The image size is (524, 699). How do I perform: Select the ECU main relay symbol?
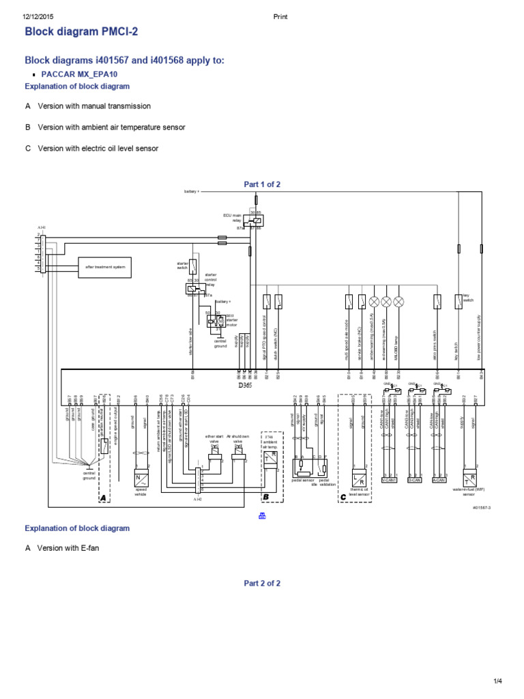tap(257, 220)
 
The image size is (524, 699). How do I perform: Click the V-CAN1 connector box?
tap(389, 480)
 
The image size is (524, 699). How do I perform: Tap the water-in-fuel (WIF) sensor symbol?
tap(469, 478)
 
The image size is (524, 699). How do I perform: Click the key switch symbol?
tap(458, 300)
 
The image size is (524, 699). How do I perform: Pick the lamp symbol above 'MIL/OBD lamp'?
tap(399, 300)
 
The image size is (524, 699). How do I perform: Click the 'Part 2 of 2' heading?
tap(262, 584)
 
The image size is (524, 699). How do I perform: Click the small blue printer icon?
tap(262, 516)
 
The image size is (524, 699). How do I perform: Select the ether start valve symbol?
tap(214, 461)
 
